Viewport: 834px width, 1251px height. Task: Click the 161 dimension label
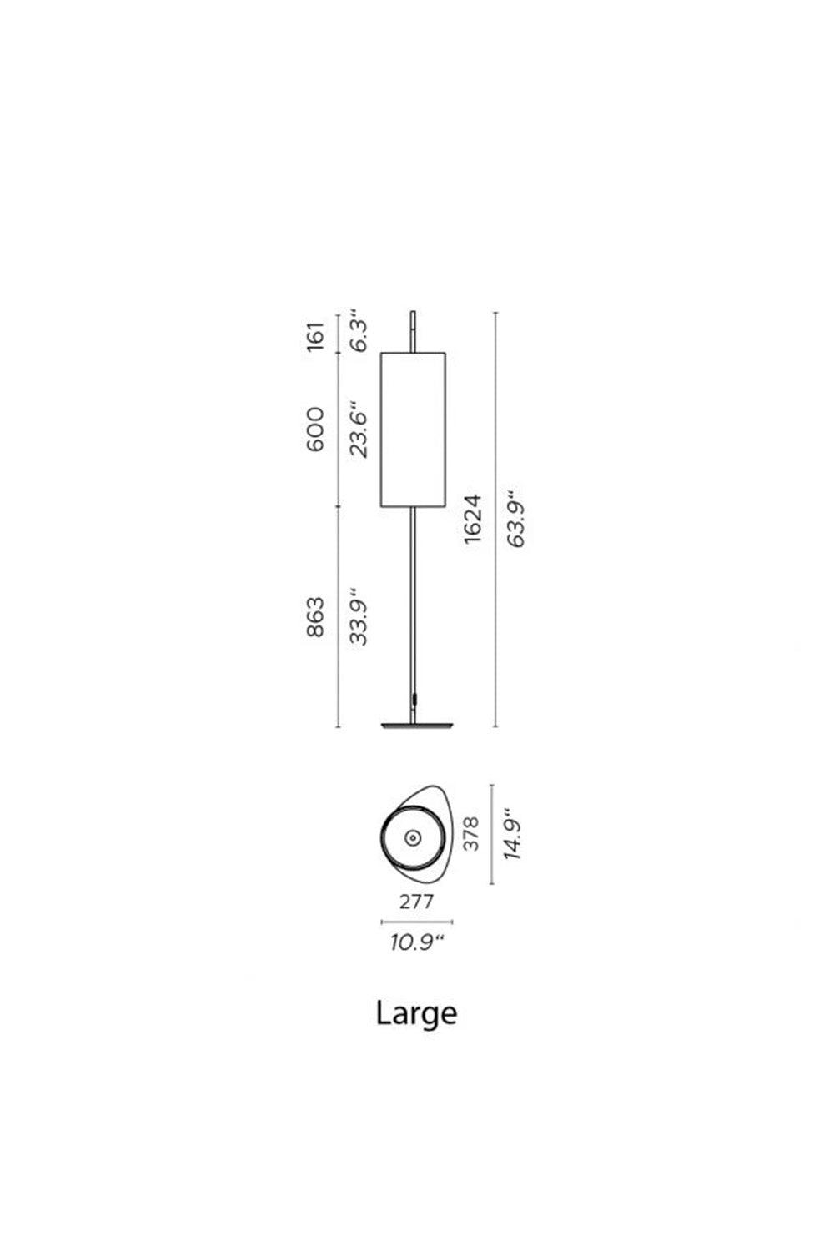pyautogui.click(x=315, y=335)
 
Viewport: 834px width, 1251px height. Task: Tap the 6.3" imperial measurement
pyautogui.click(x=359, y=335)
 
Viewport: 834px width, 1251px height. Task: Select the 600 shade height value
pyautogui.click(x=315, y=430)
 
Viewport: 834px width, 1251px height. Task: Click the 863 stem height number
pyautogui.click(x=315, y=616)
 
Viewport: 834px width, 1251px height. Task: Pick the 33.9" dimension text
pyautogui.click(x=359, y=616)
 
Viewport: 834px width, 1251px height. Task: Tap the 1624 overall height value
pyautogui.click(x=473, y=518)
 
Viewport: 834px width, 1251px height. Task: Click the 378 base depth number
pyautogui.click(x=471, y=834)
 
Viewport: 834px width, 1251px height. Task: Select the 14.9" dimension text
pyautogui.click(x=512, y=833)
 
